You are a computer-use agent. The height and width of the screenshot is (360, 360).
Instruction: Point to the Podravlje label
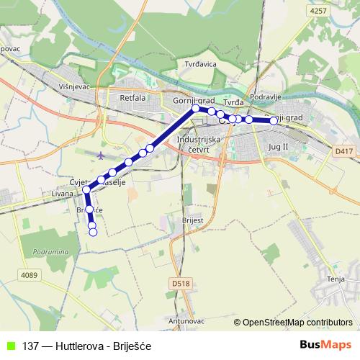264,97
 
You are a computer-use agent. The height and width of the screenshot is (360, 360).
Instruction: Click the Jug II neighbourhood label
277,146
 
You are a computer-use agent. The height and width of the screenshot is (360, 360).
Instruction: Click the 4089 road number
30,274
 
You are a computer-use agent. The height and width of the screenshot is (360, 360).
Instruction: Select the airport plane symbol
100,154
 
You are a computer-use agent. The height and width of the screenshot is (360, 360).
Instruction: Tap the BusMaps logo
325,346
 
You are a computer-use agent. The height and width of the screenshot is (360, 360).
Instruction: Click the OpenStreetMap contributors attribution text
297,323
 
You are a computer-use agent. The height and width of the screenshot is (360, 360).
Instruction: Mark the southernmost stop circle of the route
93,232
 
